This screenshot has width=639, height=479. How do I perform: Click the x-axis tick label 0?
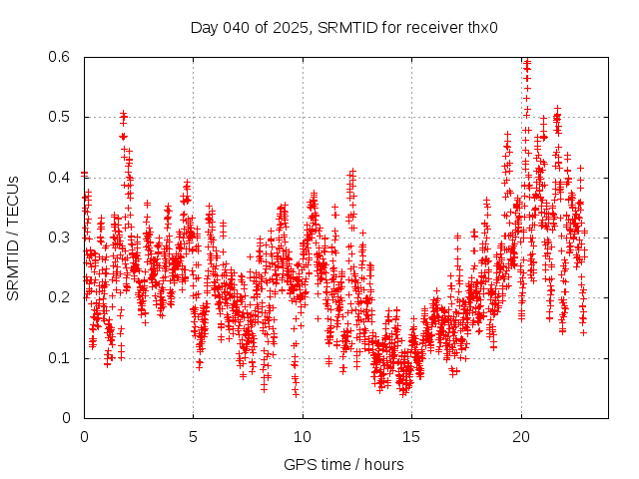click(84, 437)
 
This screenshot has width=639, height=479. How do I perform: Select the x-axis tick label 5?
click(193, 437)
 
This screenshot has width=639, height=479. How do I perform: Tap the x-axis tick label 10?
click(302, 437)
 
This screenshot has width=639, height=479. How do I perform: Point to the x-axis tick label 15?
click(410, 437)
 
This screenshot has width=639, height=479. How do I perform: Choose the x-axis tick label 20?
click(520, 437)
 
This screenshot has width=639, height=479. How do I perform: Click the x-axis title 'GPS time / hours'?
click(343, 464)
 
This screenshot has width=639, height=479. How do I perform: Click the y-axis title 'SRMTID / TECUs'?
click(13, 238)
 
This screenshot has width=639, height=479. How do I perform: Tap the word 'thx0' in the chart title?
click(481, 27)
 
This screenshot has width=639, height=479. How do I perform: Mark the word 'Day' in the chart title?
click(204, 27)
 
